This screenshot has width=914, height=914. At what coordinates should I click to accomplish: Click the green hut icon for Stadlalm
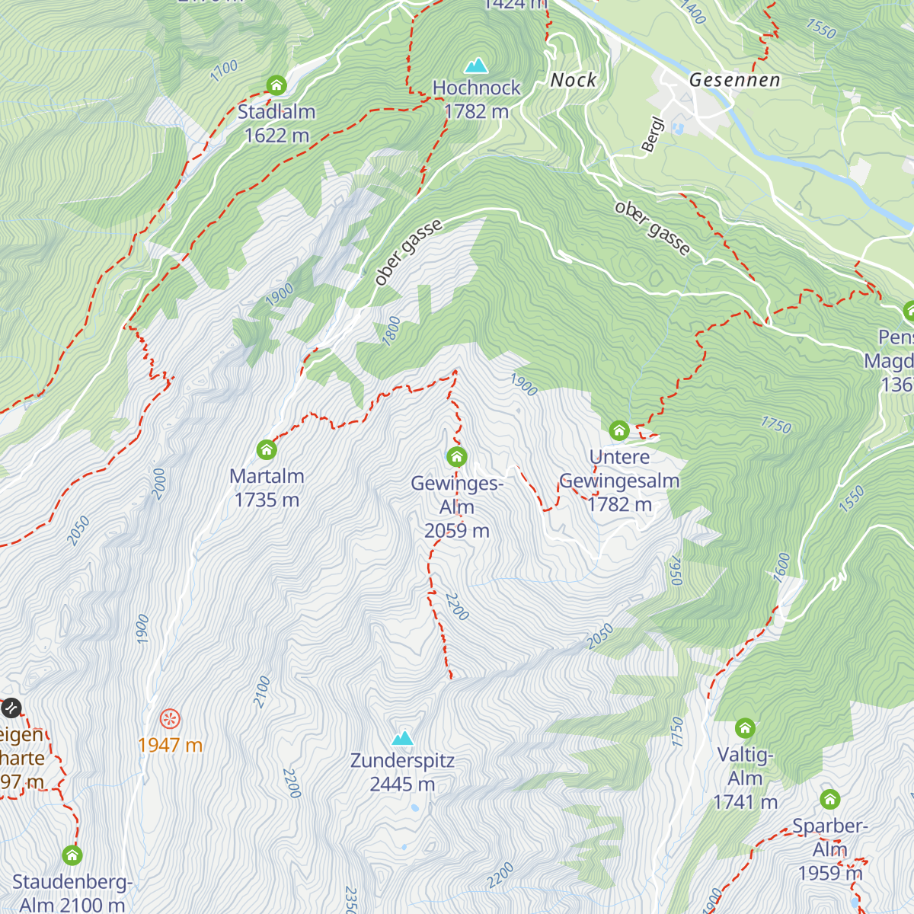[x=276, y=85]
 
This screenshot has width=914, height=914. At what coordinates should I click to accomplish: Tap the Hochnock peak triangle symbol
[x=476, y=66]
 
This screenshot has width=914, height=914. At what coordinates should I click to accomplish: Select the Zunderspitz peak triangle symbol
[x=402, y=737]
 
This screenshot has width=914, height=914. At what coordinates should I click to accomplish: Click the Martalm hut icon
[x=267, y=449]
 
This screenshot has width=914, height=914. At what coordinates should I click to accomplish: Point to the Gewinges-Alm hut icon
[x=456, y=456]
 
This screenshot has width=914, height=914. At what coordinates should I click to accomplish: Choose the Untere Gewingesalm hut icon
[x=619, y=430]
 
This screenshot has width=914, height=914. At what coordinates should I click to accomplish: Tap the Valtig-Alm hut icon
[x=745, y=728]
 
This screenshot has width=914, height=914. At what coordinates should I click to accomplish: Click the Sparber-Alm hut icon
[x=829, y=799]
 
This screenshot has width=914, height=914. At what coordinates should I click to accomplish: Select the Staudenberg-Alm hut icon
[x=72, y=855]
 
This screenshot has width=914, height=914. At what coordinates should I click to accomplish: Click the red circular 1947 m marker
[x=170, y=718]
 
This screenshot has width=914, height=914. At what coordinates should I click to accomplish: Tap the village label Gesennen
[x=734, y=80]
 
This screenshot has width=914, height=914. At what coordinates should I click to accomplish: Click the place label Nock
[x=574, y=80]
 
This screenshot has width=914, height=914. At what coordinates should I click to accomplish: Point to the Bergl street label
[x=653, y=135]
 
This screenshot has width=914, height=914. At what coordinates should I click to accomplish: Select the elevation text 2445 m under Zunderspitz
[x=402, y=784]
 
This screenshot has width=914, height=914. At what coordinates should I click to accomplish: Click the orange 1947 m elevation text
[x=170, y=745]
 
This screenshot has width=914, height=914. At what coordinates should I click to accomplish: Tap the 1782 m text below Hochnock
[x=476, y=111]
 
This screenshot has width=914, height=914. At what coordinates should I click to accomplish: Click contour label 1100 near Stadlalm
[x=224, y=71]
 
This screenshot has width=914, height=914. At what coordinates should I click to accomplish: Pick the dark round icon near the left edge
[x=11, y=708]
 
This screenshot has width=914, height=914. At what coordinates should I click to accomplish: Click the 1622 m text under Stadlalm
[x=276, y=136]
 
